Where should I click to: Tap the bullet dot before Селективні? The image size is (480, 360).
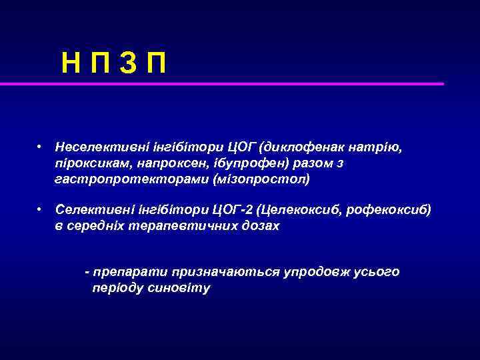point(41,210)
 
